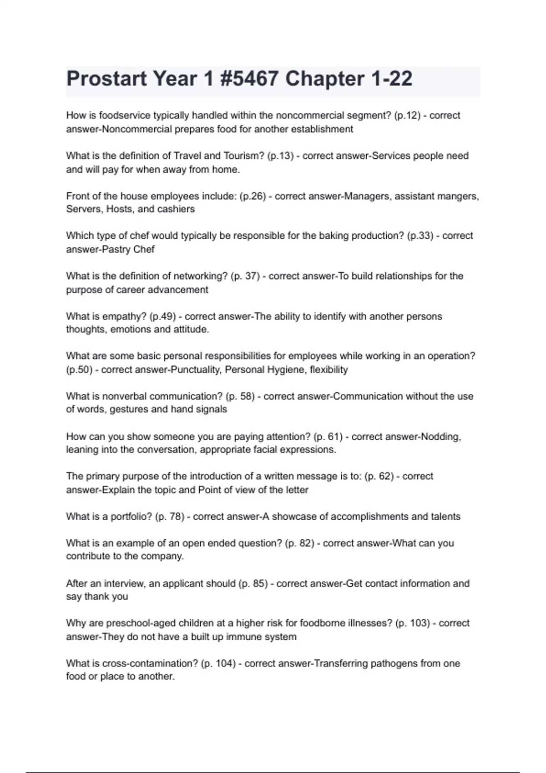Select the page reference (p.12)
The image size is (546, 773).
coord(405,115)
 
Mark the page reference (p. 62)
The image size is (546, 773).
coord(379,477)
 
